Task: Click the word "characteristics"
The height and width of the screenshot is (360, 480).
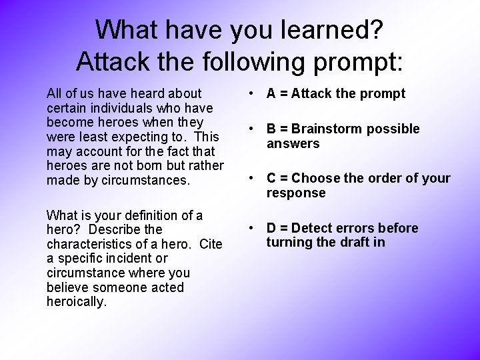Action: (91, 245)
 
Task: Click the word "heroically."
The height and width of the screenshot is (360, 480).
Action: (77, 302)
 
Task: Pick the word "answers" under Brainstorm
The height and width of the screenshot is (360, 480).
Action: (293, 143)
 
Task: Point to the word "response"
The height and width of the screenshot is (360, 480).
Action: (296, 193)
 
